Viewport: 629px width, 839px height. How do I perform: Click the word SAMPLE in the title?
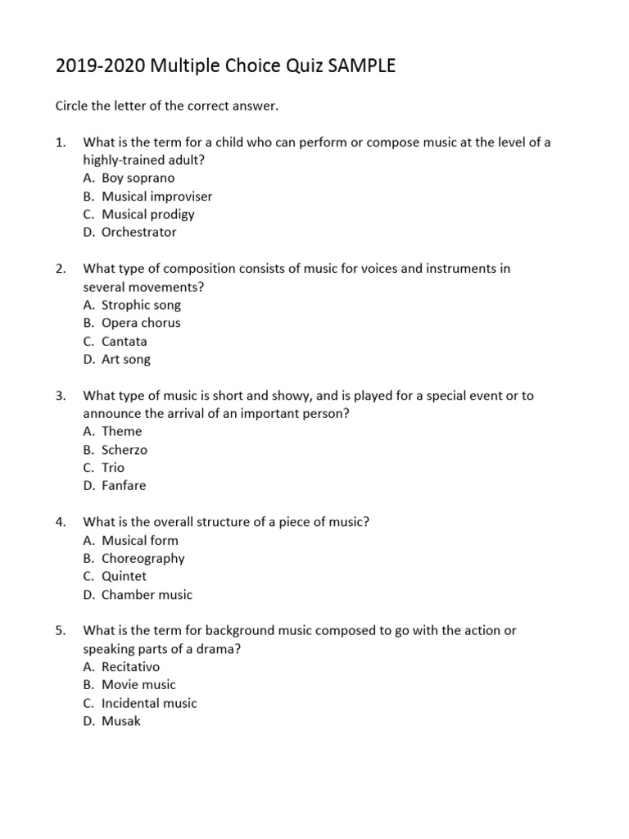(361, 66)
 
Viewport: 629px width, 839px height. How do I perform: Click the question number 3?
(61, 395)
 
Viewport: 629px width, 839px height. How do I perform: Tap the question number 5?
(61, 630)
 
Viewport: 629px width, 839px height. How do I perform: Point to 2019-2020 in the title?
(95, 66)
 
